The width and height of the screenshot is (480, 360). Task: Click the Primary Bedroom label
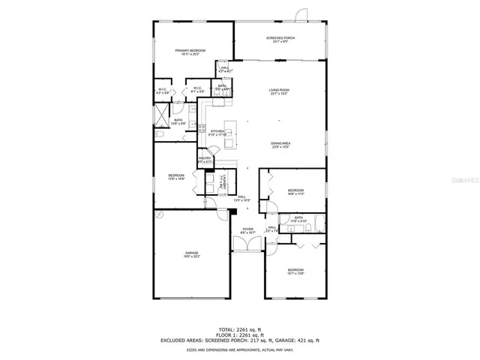click(x=190, y=52)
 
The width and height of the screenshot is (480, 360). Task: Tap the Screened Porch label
click(x=280, y=39)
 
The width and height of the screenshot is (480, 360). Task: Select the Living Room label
click(x=280, y=92)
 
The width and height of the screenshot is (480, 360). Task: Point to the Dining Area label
click(x=280, y=145)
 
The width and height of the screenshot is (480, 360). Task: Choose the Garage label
click(x=192, y=255)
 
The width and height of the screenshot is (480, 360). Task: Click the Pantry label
click(x=205, y=160)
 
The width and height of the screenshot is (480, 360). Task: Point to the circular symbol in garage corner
click(x=159, y=214)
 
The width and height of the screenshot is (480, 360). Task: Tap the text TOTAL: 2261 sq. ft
click(x=239, y=329)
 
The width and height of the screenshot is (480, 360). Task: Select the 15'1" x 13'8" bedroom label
click(x=295, y=271)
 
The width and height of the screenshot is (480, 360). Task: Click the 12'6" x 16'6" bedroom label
click(x=176, y=177)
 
